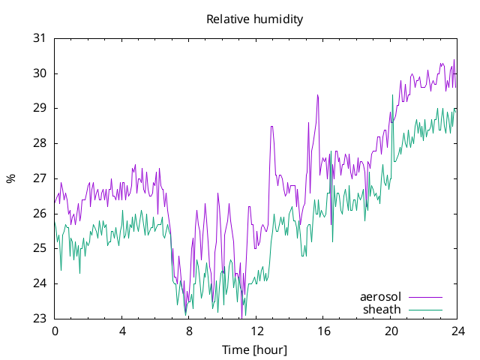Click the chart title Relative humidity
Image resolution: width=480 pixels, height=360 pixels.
tap(255, 19)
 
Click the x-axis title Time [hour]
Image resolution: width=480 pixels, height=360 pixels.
tap(254, 349)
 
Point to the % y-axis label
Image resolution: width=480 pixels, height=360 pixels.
tap(11, 178)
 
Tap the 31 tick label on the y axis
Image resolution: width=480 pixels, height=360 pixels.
tap(39, 38)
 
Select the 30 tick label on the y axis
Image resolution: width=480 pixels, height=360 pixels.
tap(39, 73)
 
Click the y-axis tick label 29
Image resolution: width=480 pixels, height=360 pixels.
tap(39, 108)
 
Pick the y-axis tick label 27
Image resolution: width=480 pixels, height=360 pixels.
tap(39, 178)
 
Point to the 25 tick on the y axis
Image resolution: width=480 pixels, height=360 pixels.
tap(39, 248)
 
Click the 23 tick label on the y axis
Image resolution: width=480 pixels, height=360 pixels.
tap(39, 318)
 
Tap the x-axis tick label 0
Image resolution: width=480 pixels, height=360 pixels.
tap(55, 331)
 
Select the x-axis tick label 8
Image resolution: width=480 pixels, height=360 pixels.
tap(189, 331)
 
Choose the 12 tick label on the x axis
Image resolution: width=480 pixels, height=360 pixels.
tap(256, 331)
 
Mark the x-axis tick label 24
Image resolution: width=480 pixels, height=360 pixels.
tap(458, 331)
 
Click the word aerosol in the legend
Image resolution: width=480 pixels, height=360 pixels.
tap(380, 297)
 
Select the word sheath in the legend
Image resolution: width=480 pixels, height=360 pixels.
tap(382, 310)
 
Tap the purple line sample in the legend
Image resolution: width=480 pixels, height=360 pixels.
tap(425, 297)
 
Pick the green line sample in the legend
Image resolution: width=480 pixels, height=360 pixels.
tap(425, 310)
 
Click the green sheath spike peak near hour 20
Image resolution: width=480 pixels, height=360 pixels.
tap(392, 95)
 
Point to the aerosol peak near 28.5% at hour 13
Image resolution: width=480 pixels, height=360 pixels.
tap(271, 127)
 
